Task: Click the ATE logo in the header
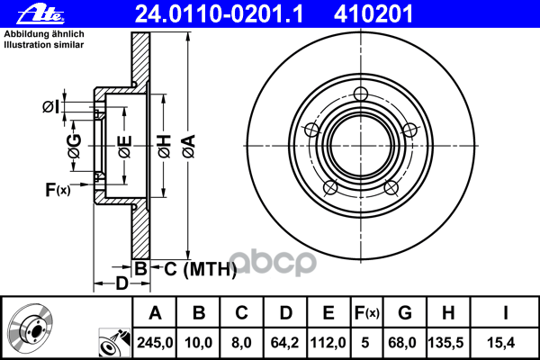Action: coord(40,14)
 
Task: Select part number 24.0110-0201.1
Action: coord(219,14)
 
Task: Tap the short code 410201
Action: coord(373,14)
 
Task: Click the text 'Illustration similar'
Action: coord(44,45)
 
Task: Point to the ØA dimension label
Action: coord(189,147)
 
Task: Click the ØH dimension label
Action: coord(165,147)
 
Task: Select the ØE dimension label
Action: coord(125,147)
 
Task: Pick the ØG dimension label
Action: coord(75,146)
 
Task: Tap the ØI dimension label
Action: coord(50,107)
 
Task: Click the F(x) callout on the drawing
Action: coord(58,190)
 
